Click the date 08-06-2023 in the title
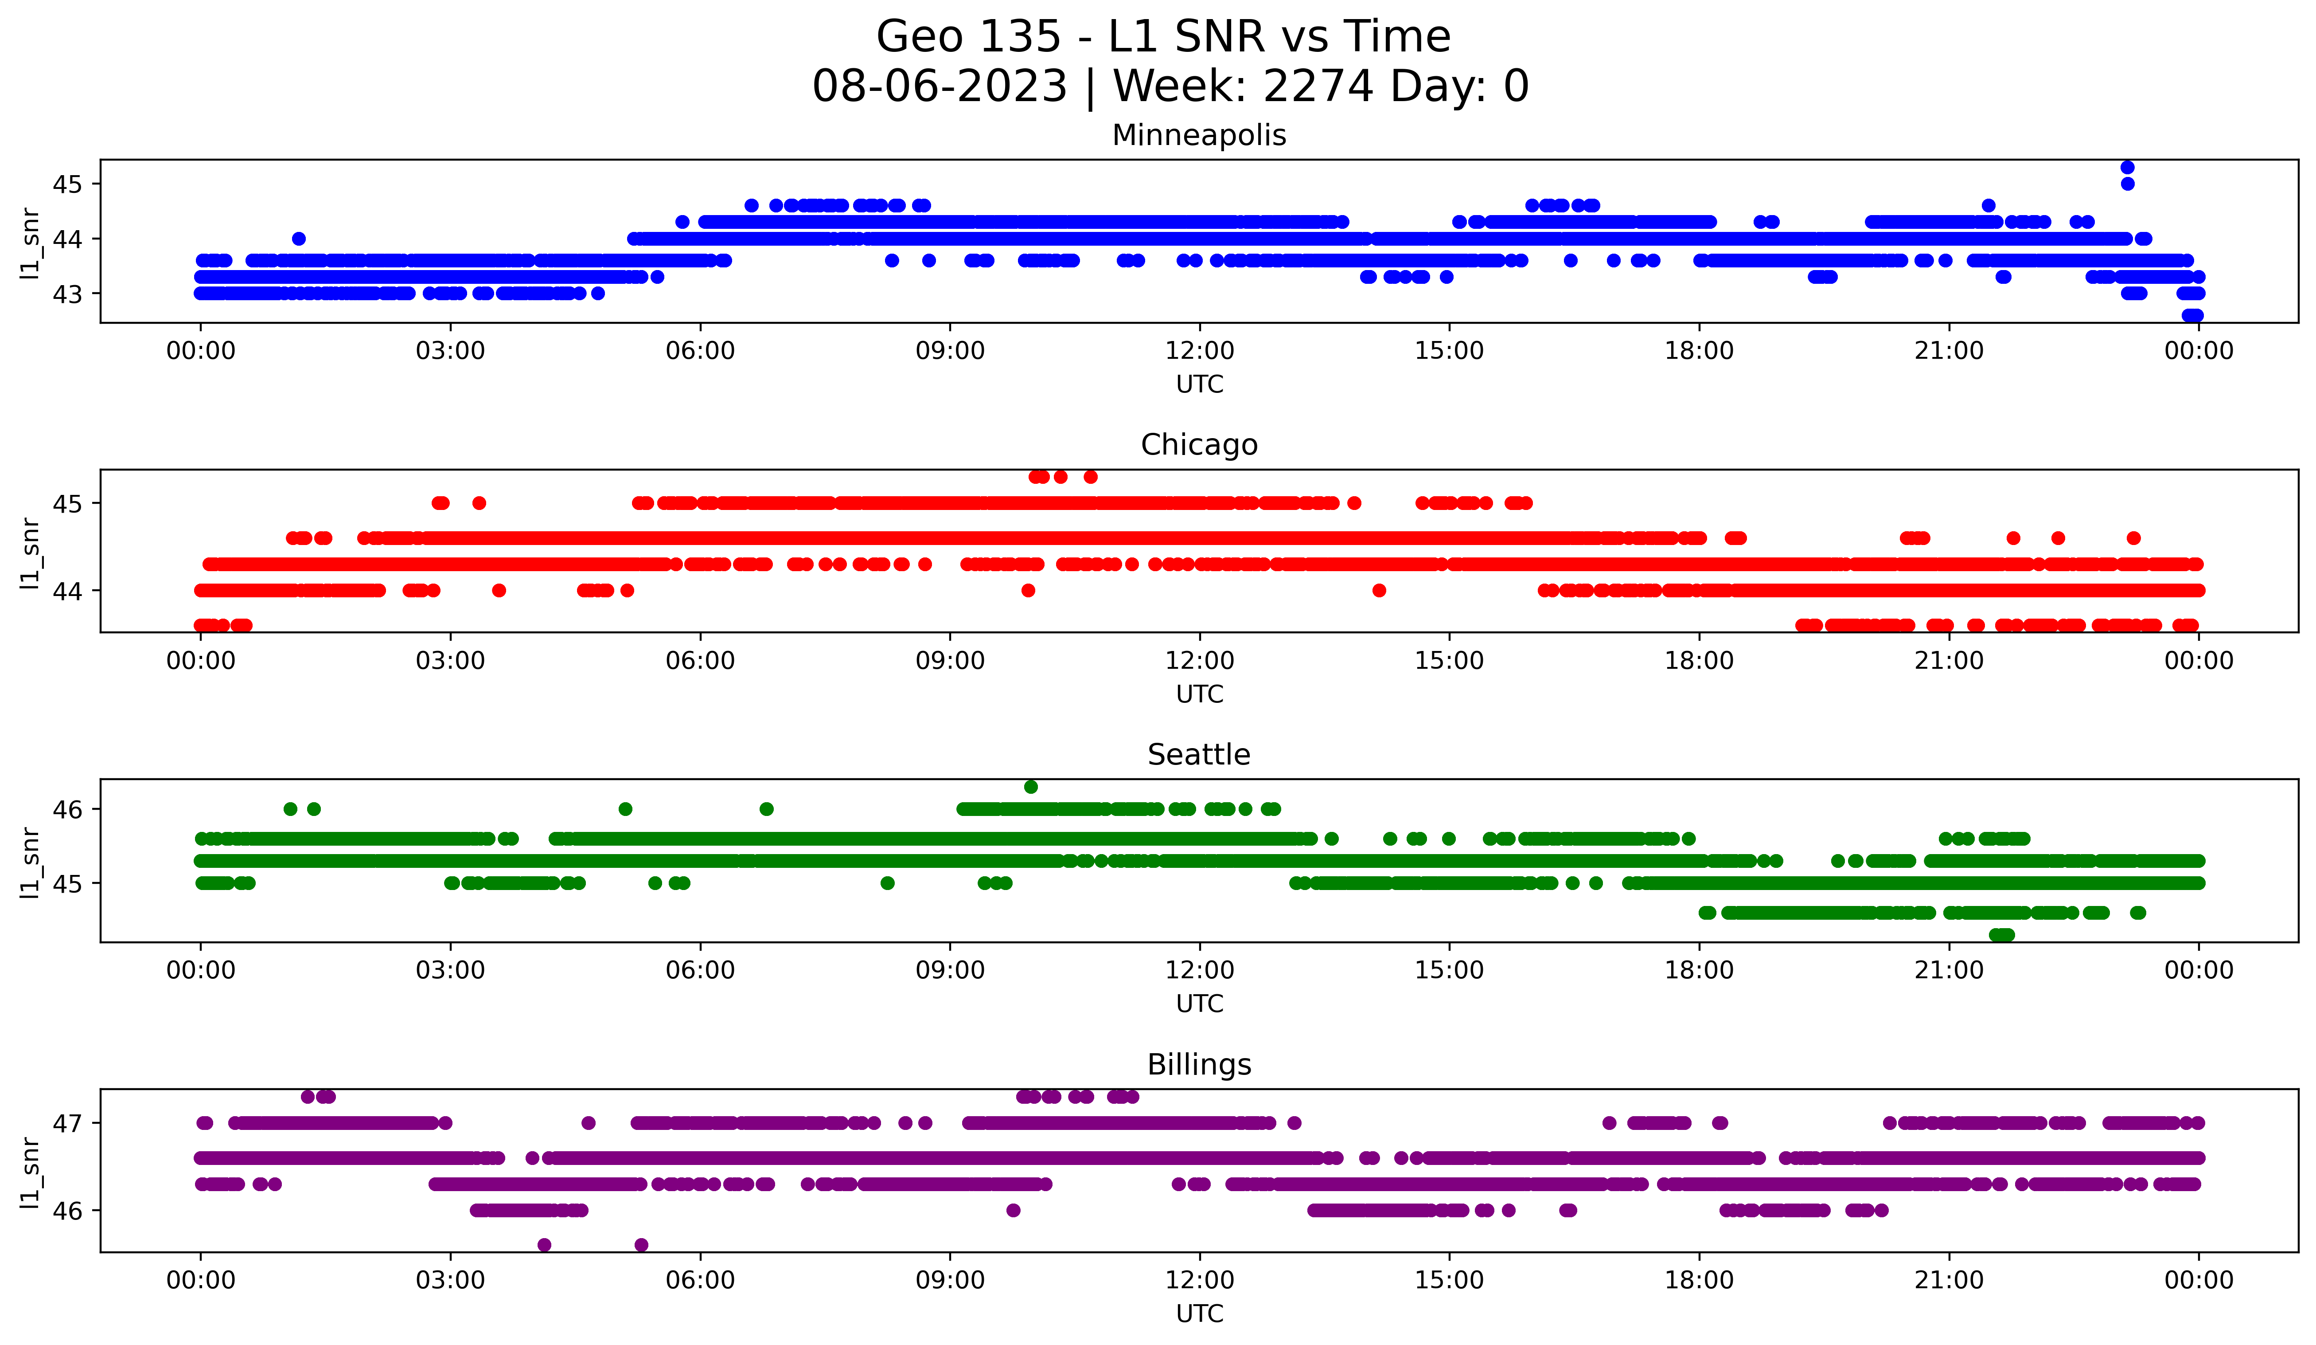pos(939,86)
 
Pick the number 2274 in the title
pos(1318,86)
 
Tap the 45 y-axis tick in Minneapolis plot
pos(67,185)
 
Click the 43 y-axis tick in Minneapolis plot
pos(67,294)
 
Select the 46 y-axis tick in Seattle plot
pos(67,810)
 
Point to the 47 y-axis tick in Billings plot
pos(67,1123)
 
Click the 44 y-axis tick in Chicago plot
pos(67,591)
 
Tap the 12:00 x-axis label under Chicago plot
pos(1199,661)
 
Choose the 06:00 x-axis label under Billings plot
pos(700,1281)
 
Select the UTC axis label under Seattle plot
pos(1199,1004)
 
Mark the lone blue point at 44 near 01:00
pos(299,239)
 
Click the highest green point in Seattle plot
pos(1031,787)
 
